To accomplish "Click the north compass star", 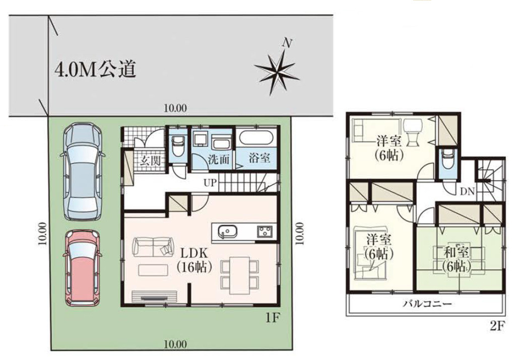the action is (x=277, y=73).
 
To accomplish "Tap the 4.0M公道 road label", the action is (x=95, y=70).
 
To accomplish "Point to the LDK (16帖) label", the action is (x=194, y=260).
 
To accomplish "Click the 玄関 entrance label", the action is (x=150, y=161).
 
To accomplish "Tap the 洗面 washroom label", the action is (x=219, y=160).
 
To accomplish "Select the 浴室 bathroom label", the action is (x=259, y=158).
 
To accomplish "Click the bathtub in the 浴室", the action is (x=256, y=137).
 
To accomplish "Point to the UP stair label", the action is (x=210, y=183).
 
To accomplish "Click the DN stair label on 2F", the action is (x=468, y=191).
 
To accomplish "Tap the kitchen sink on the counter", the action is (x=227, y=231).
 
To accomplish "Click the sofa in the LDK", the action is (x=153, y=247).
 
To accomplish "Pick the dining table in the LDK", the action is (x=239, y=275).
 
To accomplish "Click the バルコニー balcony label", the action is (x=427, y=304).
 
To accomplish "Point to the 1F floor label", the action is (x=273, y=318).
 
